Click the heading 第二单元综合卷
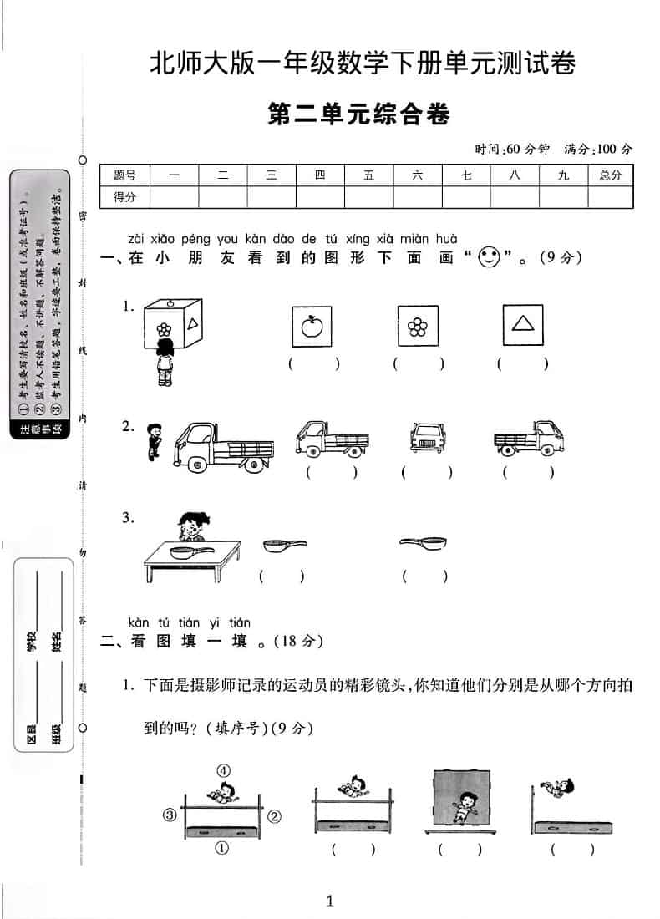tap(358, 114)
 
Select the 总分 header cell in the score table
tap(610, 175)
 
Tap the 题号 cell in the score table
tap(124, 175)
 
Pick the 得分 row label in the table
tap(124, 197)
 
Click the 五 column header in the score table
tap(369, 175)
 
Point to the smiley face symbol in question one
tap(488, 257)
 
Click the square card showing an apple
tap(311, 326)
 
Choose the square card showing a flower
tap(417, 326)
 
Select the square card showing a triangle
tap(523, 325)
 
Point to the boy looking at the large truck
tap(152, 441)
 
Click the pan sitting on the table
tap(185, 551)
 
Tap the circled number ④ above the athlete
tap(224, 770)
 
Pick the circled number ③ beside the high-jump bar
tap(170, 815)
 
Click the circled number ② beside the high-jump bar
tap(274, 815)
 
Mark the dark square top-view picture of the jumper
tap(459, 799)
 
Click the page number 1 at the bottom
tap(330, 901)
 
